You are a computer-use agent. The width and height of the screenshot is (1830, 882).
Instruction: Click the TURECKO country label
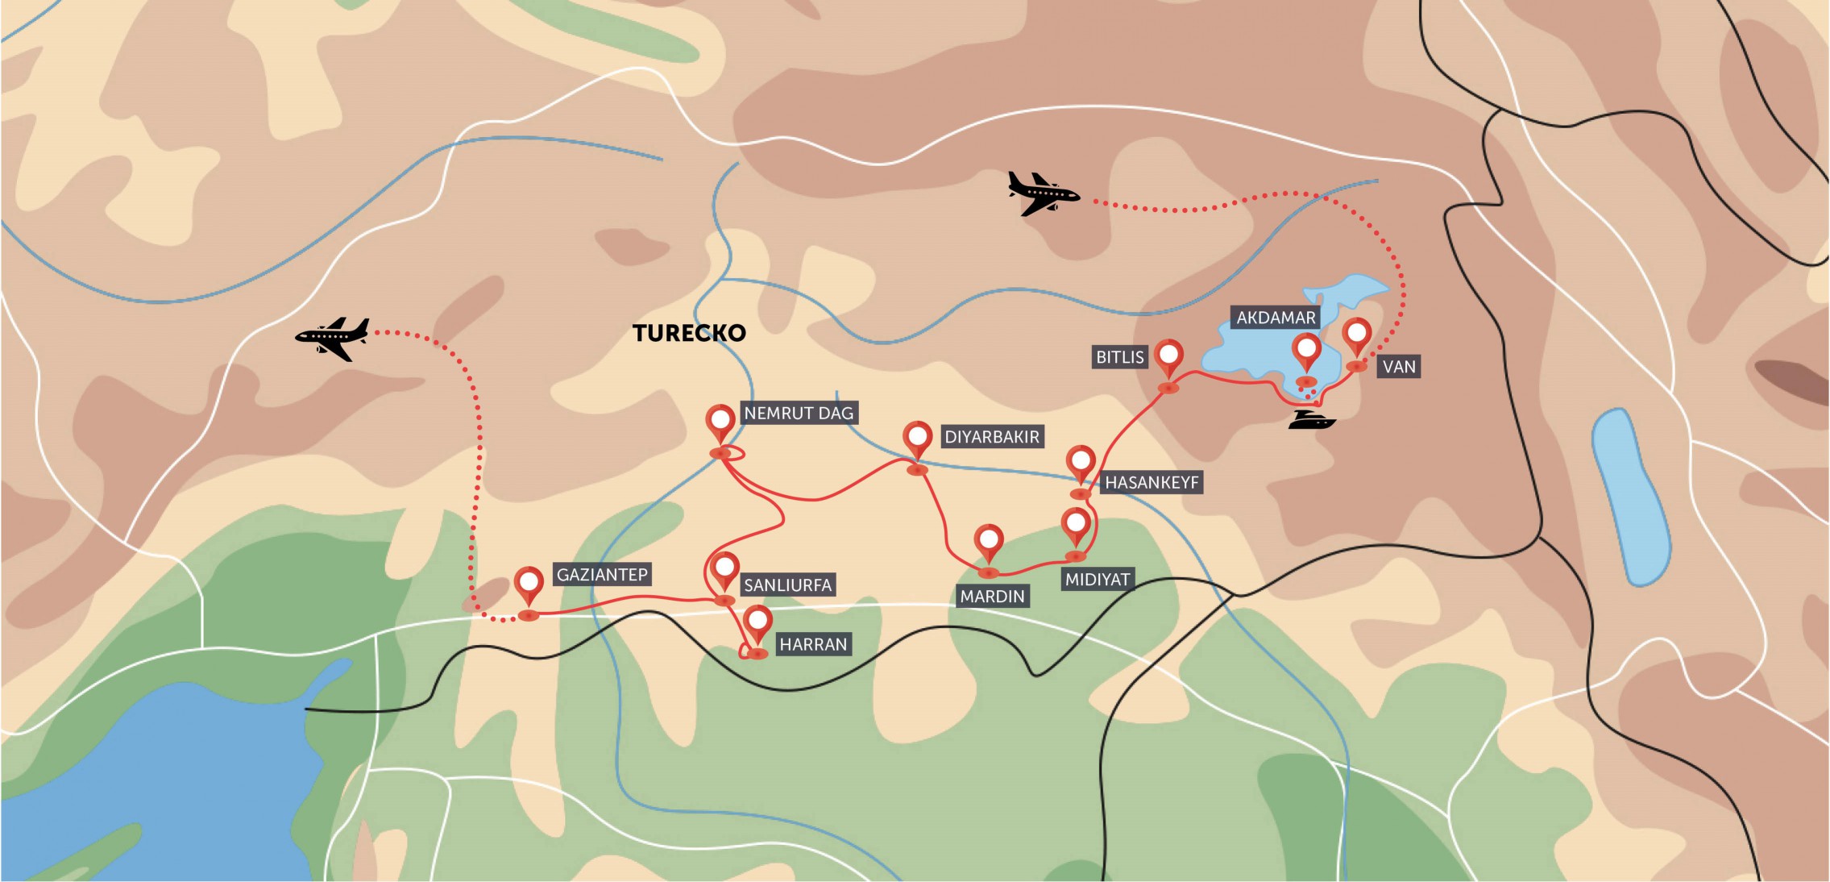click(689, 333)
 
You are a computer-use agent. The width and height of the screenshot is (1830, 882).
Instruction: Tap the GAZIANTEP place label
click(602, 575)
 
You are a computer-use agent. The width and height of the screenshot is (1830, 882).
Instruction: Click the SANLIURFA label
click(787, 585)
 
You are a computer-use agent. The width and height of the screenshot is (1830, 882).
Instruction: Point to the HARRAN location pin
click(758, 624)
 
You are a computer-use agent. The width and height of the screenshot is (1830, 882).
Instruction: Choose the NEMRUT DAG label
click(798, 414)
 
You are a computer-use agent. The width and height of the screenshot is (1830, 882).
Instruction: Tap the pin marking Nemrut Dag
click(720, 422)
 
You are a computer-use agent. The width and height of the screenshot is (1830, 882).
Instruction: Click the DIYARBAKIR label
click(992, 437)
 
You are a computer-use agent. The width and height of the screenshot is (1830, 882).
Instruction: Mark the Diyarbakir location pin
click(918, 439)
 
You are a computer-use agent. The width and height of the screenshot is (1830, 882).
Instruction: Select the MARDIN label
click(992, 597)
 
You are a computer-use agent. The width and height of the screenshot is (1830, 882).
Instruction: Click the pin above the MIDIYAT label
click(1076, 526)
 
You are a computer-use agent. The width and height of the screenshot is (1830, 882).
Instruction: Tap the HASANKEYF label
click(1152, 483)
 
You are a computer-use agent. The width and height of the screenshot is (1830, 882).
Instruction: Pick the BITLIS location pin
click(1168, 357)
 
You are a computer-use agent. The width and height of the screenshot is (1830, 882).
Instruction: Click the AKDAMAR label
click(1276, 318)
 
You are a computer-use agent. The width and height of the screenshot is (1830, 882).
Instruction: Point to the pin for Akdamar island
click(1306, 352)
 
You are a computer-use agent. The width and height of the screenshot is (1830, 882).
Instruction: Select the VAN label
click(1399, 367)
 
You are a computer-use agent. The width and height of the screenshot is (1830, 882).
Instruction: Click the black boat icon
click(1311, 420)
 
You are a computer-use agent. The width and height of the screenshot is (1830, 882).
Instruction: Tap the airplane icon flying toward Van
click(1043, 193)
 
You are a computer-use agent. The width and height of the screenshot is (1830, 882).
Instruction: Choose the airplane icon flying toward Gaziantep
click(333, 338)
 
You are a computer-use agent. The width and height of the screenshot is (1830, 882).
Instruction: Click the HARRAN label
click(813, 644)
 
